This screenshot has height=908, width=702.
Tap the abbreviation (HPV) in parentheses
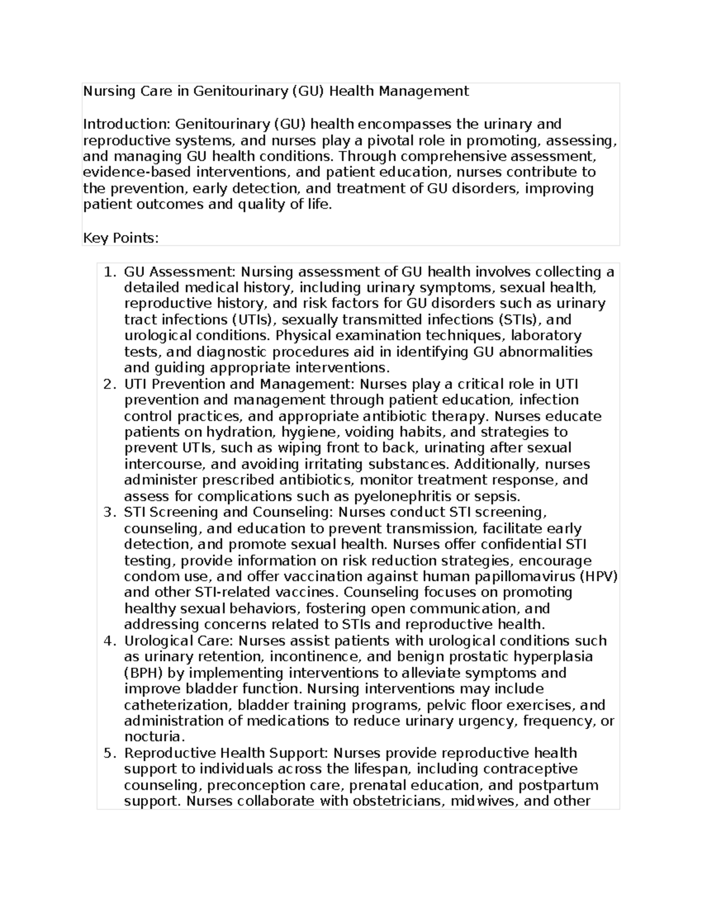598,576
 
